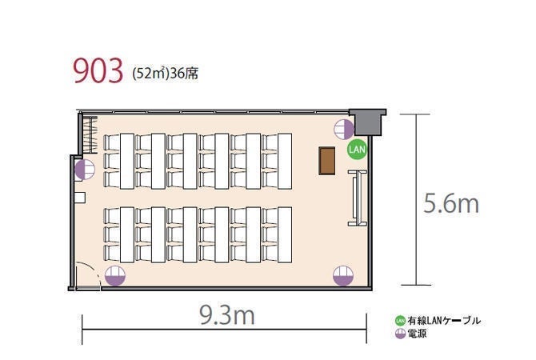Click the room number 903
98,70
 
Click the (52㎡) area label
150,74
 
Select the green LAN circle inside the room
357,150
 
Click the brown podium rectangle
326,161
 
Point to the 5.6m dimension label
451,203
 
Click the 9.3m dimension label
227,315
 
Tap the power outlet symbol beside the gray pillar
343,130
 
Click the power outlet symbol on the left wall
85,170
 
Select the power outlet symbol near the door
115,276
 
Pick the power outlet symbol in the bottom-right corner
343,275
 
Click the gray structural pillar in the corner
368,122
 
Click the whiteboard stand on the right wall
358,198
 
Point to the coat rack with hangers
90,134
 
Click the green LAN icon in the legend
400,321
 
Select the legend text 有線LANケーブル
444,321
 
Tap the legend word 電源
417,334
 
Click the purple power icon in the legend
400,334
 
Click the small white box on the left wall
80,198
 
